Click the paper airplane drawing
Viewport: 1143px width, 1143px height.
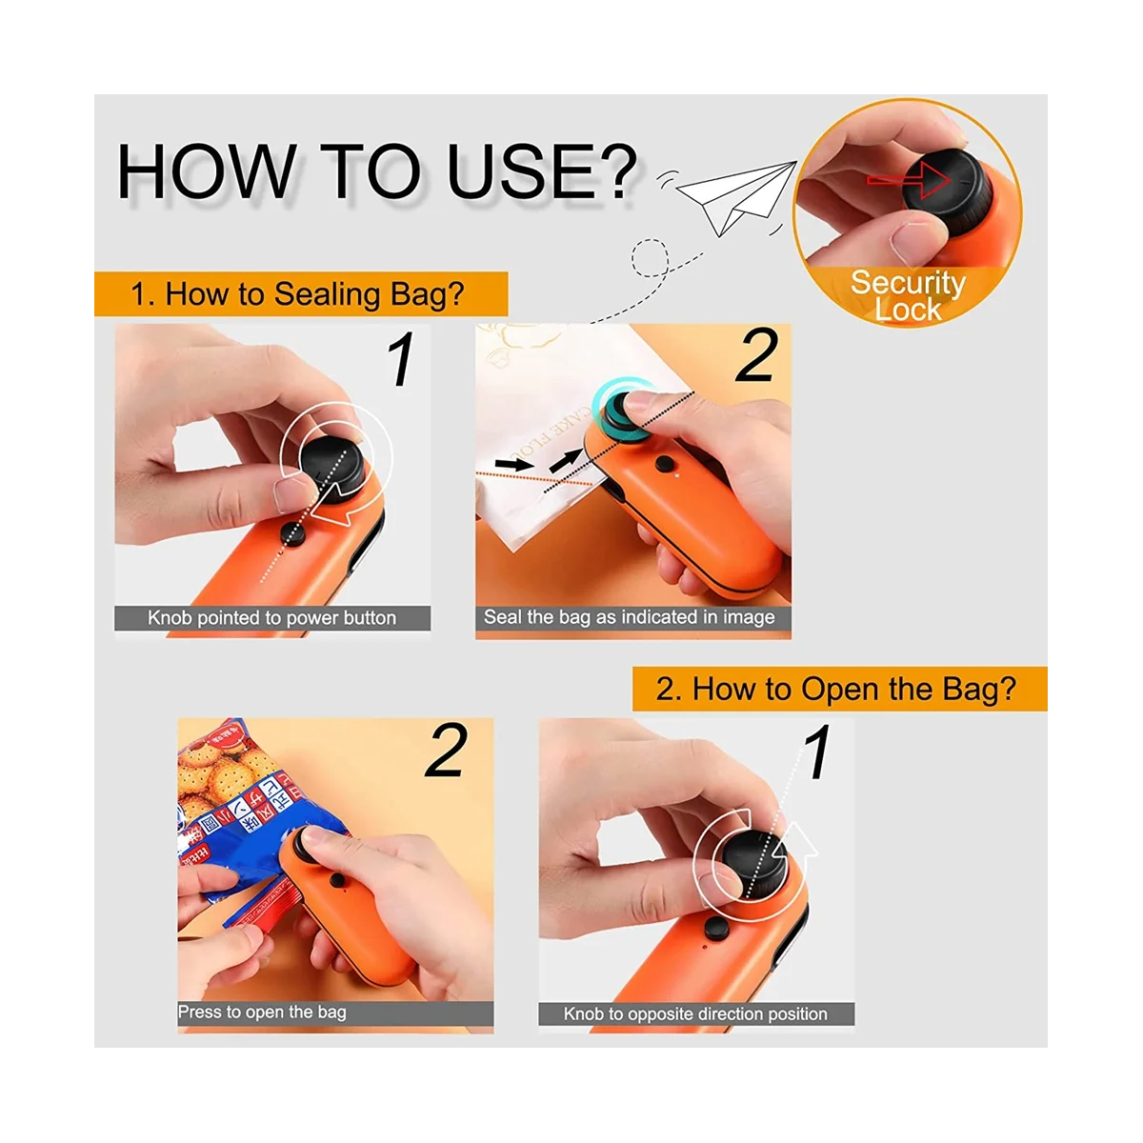(x=738, y=196)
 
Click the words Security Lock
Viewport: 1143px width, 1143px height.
(x=908, y=295)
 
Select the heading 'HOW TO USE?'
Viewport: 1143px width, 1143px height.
(x=376, y=171)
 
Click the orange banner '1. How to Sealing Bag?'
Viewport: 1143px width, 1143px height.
(x=298, y=294)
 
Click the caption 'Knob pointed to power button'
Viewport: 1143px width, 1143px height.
(x=271, y=618)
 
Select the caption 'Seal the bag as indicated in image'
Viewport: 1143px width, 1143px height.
(x=630, y=617)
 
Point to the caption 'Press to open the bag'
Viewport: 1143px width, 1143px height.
(x=262, y=1013)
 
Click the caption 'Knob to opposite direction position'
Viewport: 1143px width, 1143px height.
(x=695, y=1014)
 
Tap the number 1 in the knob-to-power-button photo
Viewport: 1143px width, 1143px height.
(x=402, y=360)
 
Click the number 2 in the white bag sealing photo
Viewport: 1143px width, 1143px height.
(x=757, y=357)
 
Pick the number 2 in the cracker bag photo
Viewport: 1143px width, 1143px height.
(x=446, y=751)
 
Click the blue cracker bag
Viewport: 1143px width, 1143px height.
(x=229, y=810)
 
